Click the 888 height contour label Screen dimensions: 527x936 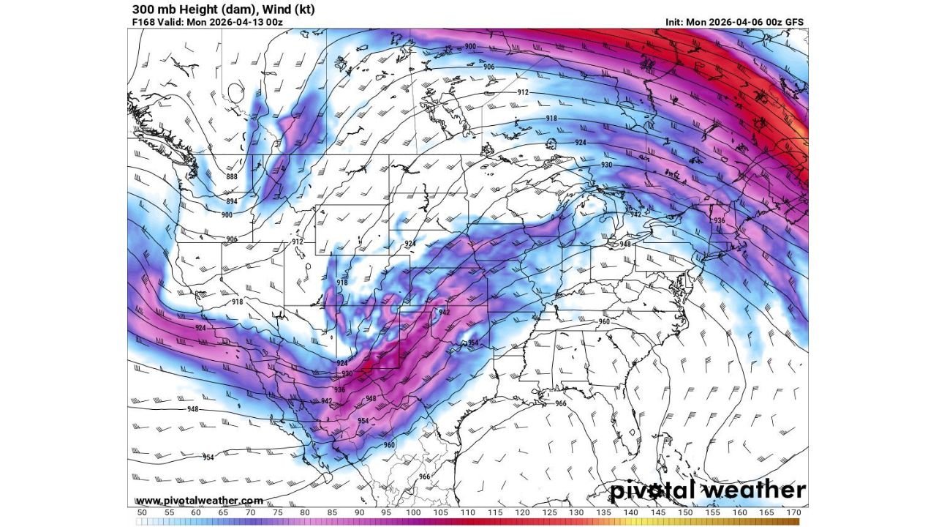tap(232, 176)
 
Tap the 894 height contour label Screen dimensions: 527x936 tap(232, 201)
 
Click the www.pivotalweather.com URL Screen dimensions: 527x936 tap(199, 501)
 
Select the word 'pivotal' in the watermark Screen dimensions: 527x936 tap(654, 490)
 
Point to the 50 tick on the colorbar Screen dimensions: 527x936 tap(142, 513)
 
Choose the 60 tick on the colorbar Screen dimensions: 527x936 tap(196, 513)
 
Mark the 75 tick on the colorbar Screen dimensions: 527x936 tap(278, 513)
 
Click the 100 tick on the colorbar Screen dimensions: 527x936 tap(413, 513)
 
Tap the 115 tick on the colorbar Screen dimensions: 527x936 tap(495, 513)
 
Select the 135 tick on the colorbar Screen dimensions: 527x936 tap(603, 513)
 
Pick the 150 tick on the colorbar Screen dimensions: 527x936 tap(685, 513)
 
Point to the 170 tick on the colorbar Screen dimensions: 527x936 tap(793, 513)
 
